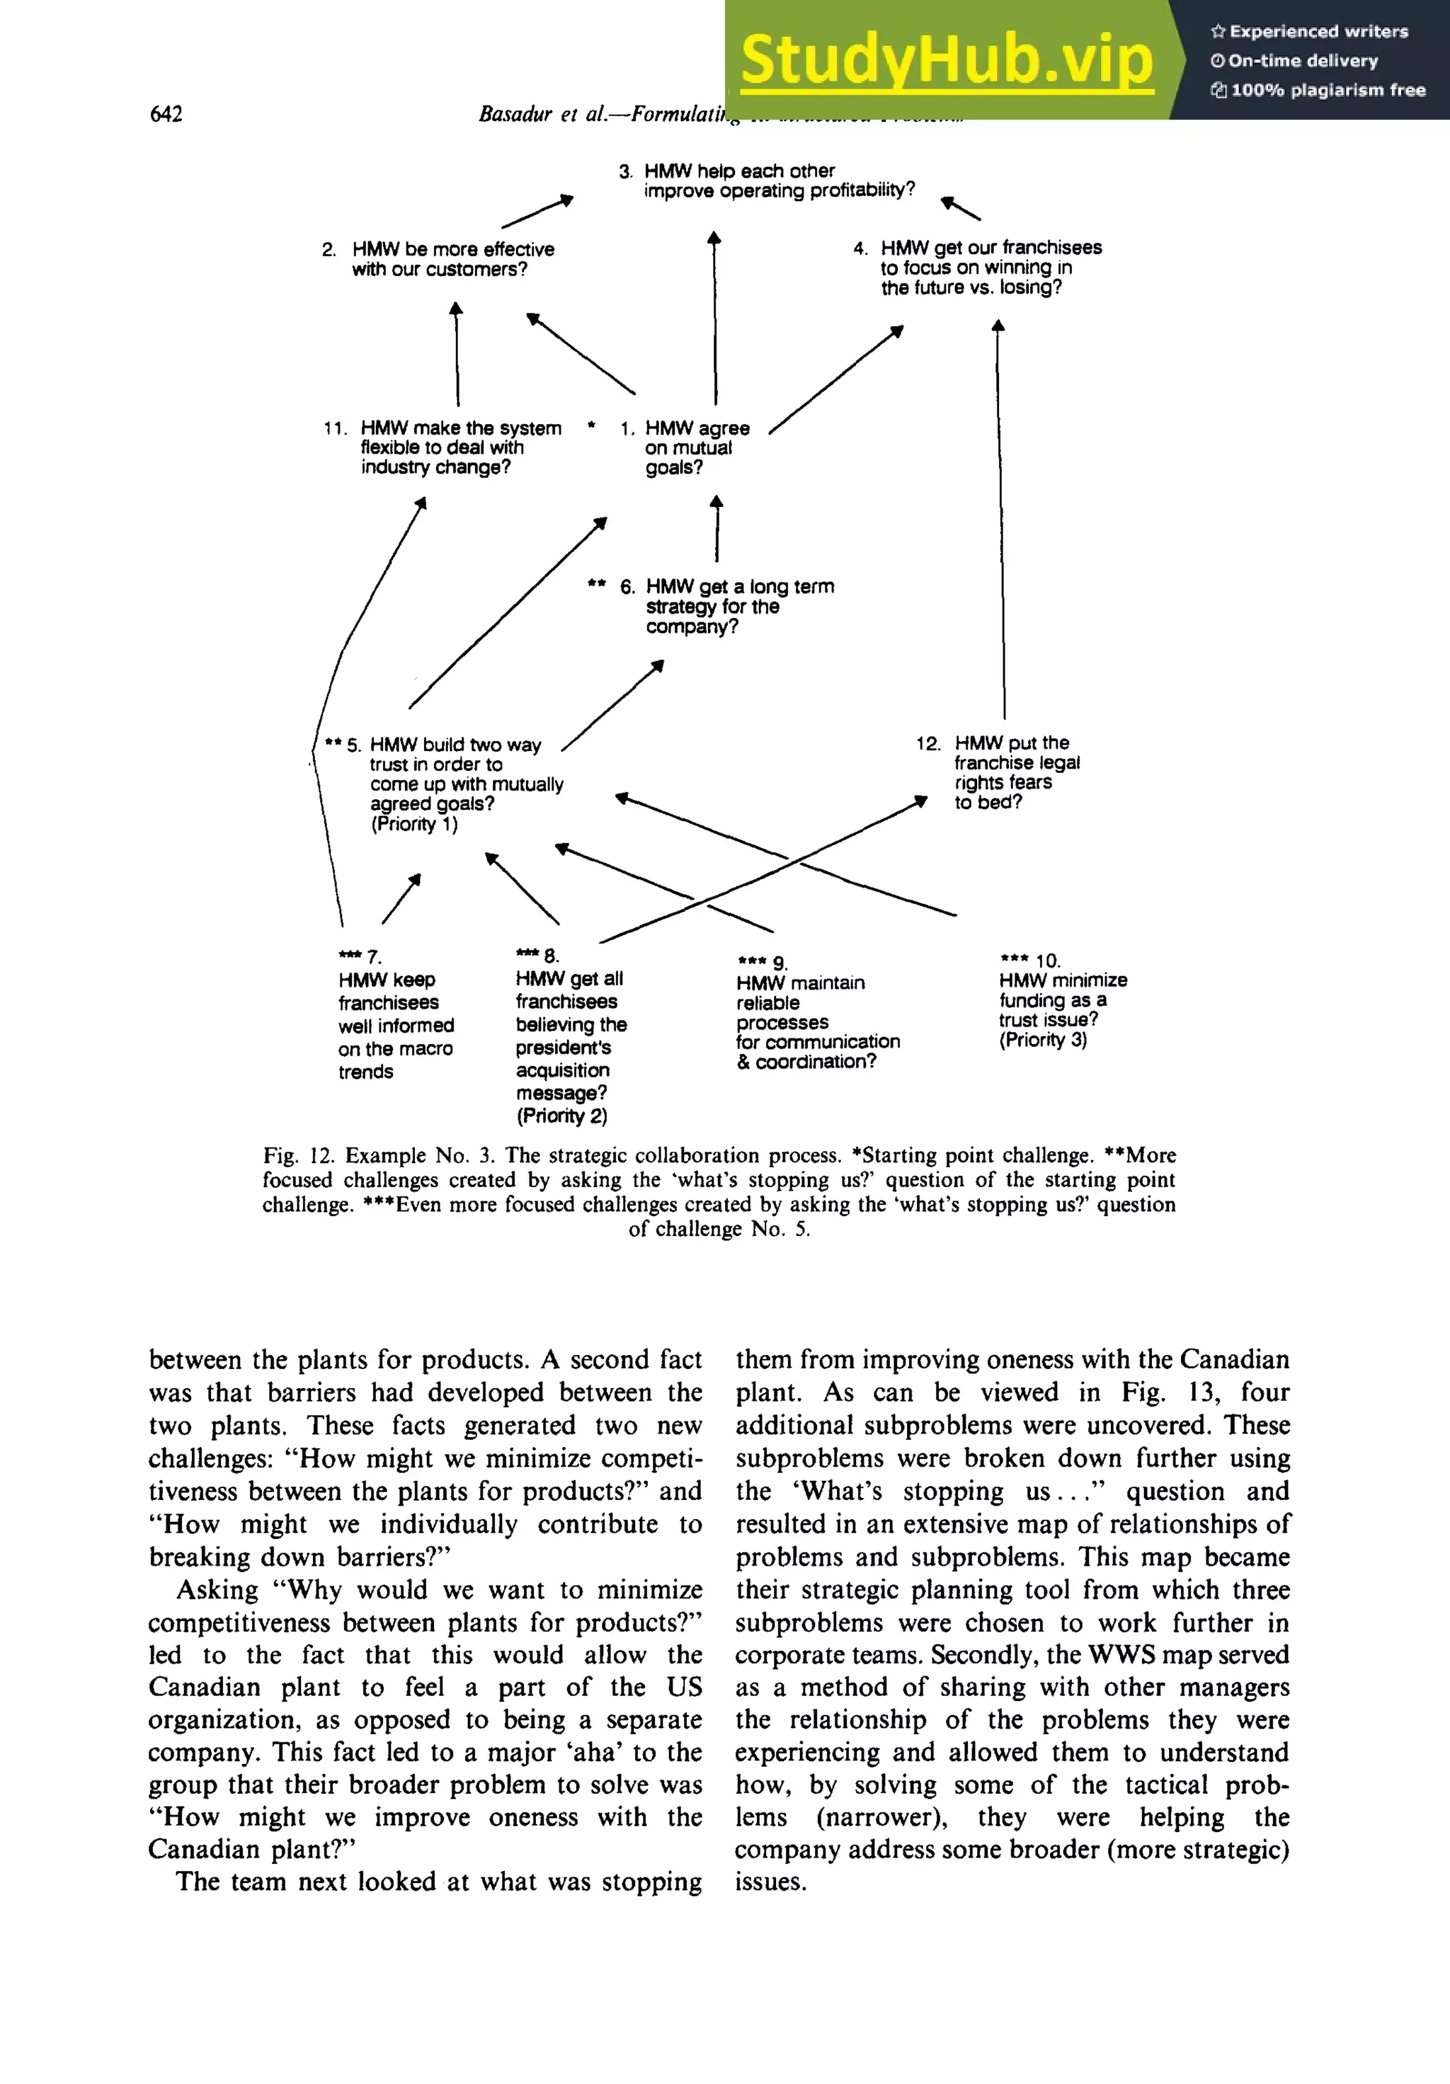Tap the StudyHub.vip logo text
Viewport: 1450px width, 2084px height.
point(946,60)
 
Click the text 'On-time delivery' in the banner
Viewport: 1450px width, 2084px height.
point(1302,61)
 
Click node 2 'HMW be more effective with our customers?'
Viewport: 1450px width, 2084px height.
point(451,258)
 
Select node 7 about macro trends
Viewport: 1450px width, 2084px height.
point(394,1026)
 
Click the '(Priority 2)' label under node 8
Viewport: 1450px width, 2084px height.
point(561,1116)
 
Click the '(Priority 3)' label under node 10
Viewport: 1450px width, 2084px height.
point(1042,1040)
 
